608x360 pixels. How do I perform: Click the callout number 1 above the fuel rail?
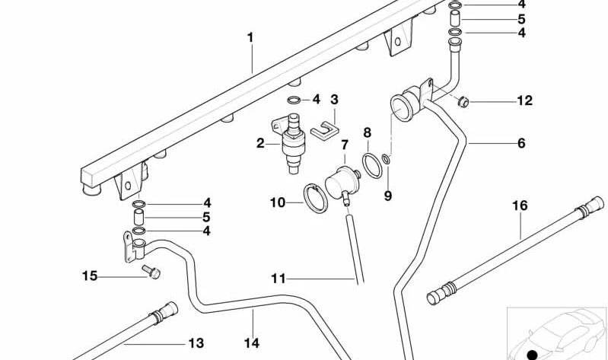250,38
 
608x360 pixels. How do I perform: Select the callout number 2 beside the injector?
260,144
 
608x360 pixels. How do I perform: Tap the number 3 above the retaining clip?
334,100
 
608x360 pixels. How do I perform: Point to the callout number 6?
521,143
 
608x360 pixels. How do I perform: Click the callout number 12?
525,100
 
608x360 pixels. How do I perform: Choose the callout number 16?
520,205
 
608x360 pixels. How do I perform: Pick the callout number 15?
90,276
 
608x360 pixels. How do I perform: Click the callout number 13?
196,343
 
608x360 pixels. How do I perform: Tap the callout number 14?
252,343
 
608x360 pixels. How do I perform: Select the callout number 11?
279,279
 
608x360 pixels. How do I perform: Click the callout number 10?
278,202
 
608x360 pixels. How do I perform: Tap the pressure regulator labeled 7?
342,183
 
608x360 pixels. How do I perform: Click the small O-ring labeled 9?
386,158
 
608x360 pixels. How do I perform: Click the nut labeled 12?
463,103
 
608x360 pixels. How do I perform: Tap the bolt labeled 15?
151,272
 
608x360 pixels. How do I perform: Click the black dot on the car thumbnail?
533,354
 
